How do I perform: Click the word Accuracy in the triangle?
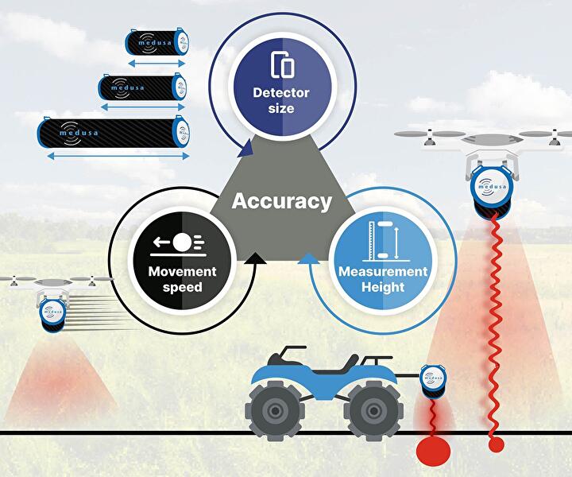point(280,201)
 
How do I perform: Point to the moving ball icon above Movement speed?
point(182,242)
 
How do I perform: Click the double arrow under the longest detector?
point(112,157)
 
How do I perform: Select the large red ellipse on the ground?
point(433,450)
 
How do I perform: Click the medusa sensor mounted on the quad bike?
point(433,380)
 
